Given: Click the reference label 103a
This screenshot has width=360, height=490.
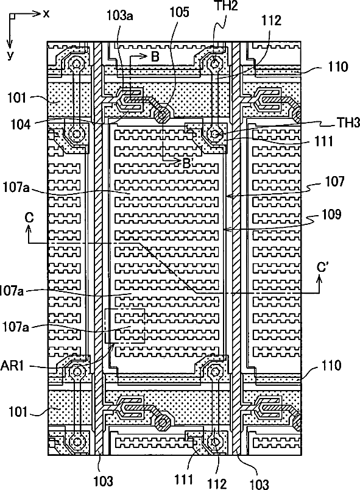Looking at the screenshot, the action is coord(119,15).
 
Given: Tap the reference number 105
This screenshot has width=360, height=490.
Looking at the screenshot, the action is coord(179,12).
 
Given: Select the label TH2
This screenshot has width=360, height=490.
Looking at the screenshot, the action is coord(226,5).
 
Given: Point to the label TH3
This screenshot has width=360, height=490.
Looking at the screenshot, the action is coord(348,123).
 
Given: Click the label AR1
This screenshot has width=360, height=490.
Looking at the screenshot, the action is coord(12,365).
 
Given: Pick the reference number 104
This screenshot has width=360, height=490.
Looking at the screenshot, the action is coord(21,124).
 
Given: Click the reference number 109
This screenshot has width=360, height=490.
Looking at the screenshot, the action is coord(331,215).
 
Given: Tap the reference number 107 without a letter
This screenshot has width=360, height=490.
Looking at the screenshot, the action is coord(334,181).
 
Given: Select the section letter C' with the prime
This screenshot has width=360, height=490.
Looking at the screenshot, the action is coord(322,268).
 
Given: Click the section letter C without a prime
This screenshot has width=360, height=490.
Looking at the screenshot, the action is coord(29,217).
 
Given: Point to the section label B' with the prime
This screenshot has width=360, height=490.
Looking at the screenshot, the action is coord(187,163).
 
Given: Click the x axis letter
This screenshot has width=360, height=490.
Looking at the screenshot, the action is coord(46,13).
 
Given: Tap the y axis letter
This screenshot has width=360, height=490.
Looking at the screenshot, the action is coord(10,55).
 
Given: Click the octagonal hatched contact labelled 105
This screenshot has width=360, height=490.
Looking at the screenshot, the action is coord(162,116).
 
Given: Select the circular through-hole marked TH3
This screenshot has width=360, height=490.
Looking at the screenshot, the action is coord(214,134).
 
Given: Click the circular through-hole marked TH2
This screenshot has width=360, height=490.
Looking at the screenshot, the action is coord(214,64).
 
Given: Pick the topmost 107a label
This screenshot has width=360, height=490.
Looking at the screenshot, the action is coord(16,188).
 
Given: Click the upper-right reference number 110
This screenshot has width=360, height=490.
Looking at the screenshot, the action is coord(338,66).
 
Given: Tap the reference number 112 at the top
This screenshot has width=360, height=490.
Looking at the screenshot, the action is coord(271,20).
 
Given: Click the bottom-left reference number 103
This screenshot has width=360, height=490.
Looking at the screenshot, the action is coord(103,481).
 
